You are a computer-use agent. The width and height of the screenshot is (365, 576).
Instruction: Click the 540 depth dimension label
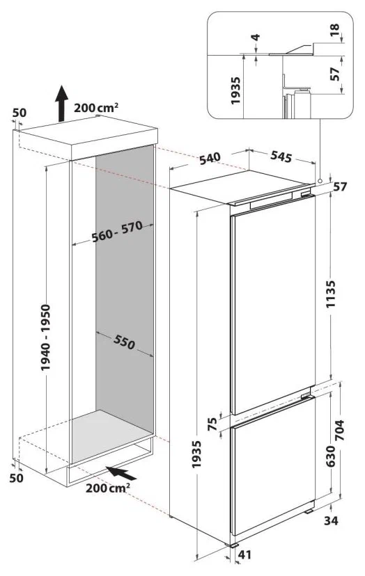pyautogui.click(x=210, y=158)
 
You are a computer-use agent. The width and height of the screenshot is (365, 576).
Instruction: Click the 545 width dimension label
pyautogui.click(x=281, y=156)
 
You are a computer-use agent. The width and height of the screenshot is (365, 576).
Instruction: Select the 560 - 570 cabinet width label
pyautogui.click(x=117, y=232)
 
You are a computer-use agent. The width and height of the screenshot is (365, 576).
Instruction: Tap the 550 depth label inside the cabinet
pyautogui.click(x=125, y=342)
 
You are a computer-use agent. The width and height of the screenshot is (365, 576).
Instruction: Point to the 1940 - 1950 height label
pyautogui.click(x=45, y=337)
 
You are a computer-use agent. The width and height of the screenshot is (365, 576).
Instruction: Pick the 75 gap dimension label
pyautogui.click(x=212, y=424)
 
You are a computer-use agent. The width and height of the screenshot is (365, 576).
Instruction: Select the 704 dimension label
pyautogui.click(x=339, y=430)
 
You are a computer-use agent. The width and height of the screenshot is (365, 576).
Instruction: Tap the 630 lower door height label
pyautogui.click(x=331, y=456)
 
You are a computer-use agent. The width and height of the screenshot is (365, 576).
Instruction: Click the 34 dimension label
pyautogui.click(x=331, y=520)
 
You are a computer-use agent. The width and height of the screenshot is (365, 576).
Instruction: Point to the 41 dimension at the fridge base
pyautogui.click(x=245, y=554)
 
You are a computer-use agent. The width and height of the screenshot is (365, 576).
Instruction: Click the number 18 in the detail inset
pyautogui.click(x=335, y=30)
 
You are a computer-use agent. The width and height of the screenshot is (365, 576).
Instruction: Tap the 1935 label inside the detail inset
pyautogui.click(x=235, y=90)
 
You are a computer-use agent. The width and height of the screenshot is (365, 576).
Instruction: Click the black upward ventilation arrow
pyautogui.click(x=61, y=103)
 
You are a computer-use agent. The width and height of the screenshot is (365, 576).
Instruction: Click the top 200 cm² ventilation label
pyautogui.click(x=96, y=108)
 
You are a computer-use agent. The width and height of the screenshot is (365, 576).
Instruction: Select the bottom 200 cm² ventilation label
pyautogui.click(x=108, y=488)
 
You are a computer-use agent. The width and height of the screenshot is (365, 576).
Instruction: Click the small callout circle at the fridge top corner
pyautogui.click(x=320, y=181)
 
